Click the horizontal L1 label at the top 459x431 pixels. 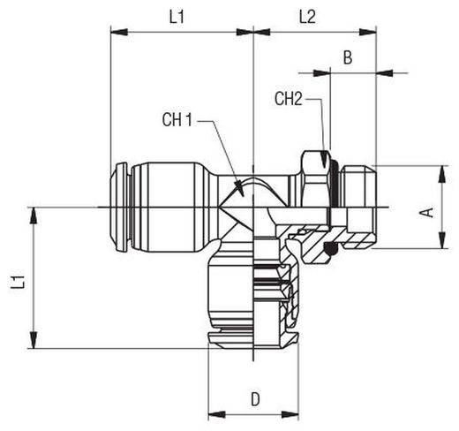coord(177,17)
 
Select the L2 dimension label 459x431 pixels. coord(307,17)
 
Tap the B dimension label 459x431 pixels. coord(348,57)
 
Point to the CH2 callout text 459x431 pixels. coord(289,99)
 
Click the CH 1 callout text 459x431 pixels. coord(177,120)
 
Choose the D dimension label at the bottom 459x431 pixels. coord(255,399)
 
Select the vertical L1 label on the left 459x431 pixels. coord(18,282)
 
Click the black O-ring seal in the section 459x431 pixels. coord(330,249)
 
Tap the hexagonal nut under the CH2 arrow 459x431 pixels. coord(315,178)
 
